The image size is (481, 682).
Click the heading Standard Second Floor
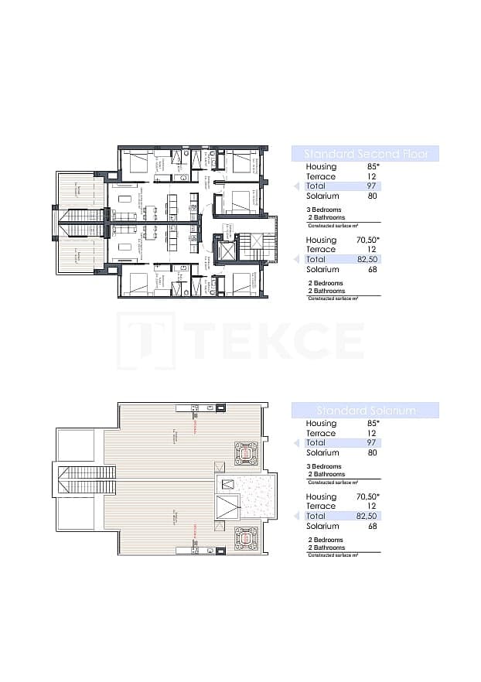tap(365, 153)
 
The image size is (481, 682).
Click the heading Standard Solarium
tap(365, 411)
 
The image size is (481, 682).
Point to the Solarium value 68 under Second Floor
tap(373, 270)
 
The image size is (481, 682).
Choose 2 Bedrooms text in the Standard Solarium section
tap(325, 540)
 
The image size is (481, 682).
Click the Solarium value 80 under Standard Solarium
tap(373, 453)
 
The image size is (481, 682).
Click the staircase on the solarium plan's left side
tap(84, 472)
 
